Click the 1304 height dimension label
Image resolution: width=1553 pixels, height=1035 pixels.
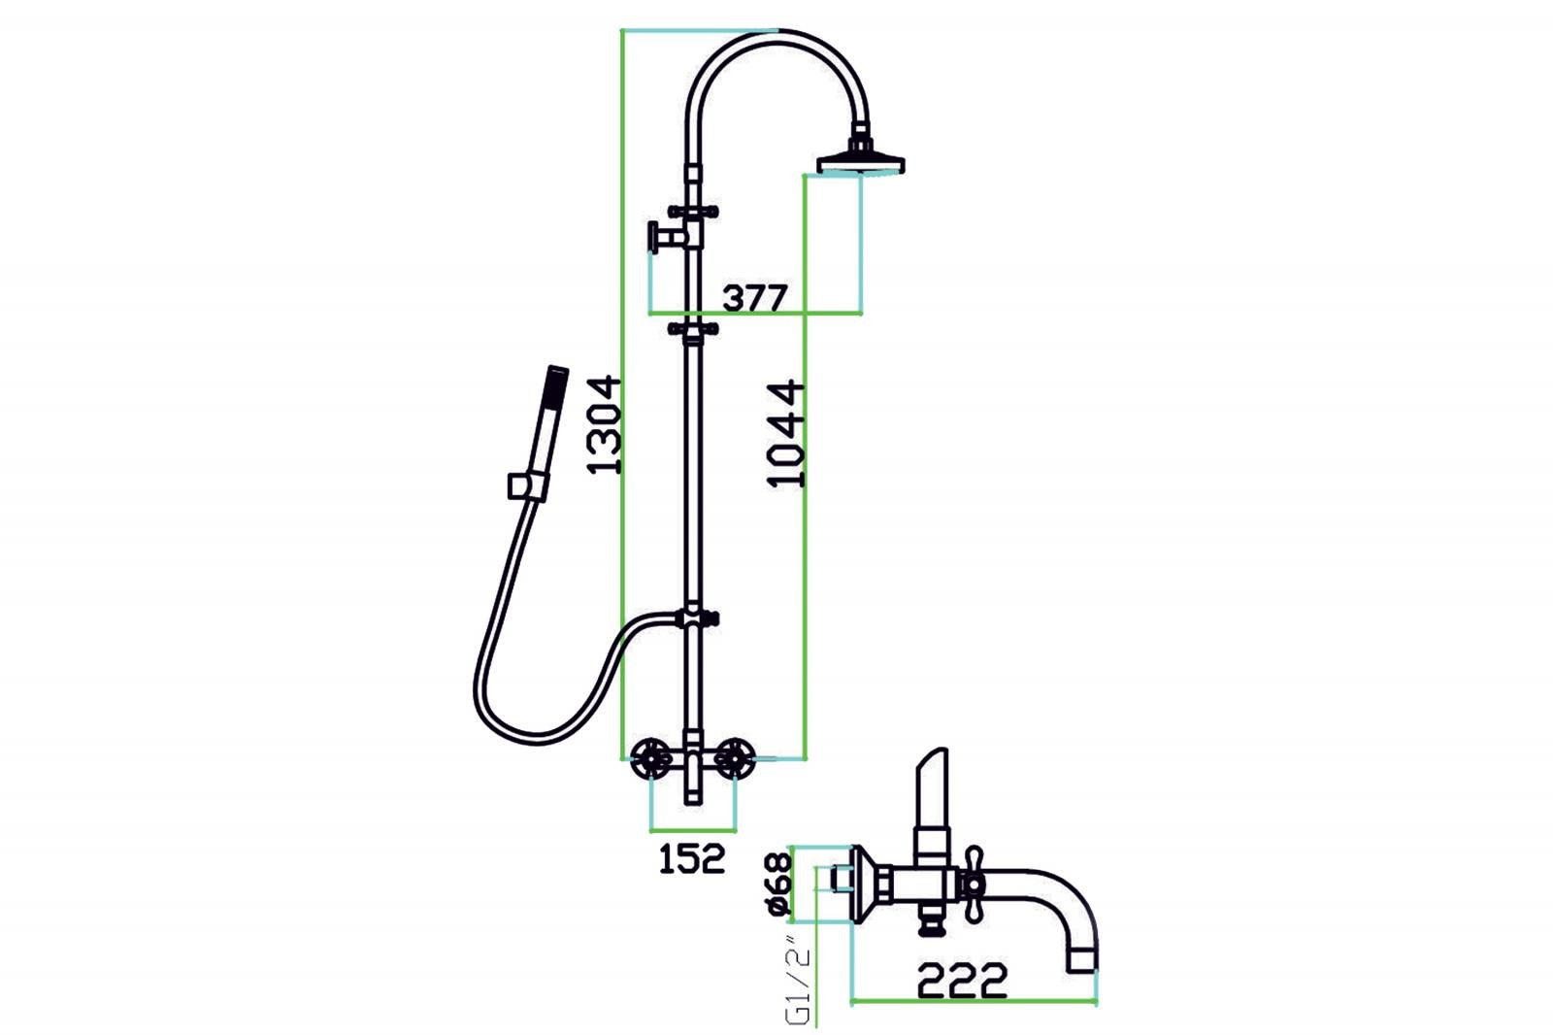(x=603, y=424)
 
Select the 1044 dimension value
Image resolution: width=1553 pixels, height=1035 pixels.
(x=786, y=434)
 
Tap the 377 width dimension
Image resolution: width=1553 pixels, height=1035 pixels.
(x=755, y=298)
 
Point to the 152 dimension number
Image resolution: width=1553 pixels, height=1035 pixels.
(x=691, y=859)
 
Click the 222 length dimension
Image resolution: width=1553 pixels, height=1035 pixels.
(x=962, y=980)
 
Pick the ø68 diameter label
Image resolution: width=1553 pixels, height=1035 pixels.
(x=777, y=885)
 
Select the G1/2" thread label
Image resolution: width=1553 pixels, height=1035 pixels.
(x=797, y=979)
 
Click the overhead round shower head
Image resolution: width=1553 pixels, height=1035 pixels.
(x=860, y=157)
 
